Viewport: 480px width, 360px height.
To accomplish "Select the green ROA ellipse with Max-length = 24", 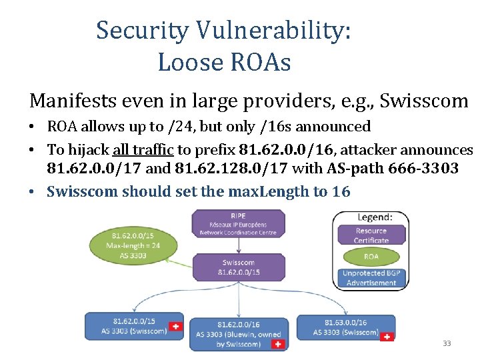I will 136,245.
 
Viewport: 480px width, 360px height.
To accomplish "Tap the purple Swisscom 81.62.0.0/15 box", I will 238,267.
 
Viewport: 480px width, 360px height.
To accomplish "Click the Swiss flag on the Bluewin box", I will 279,345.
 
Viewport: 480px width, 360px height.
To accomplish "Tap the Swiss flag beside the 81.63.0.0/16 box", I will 386,337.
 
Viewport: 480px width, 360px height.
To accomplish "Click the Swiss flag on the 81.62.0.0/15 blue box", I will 175,327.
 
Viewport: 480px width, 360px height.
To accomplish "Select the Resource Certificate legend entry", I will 371,235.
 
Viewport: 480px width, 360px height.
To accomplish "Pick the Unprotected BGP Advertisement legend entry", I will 371,279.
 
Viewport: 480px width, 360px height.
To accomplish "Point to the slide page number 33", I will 447,343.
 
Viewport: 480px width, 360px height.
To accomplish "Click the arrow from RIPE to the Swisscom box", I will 238,245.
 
